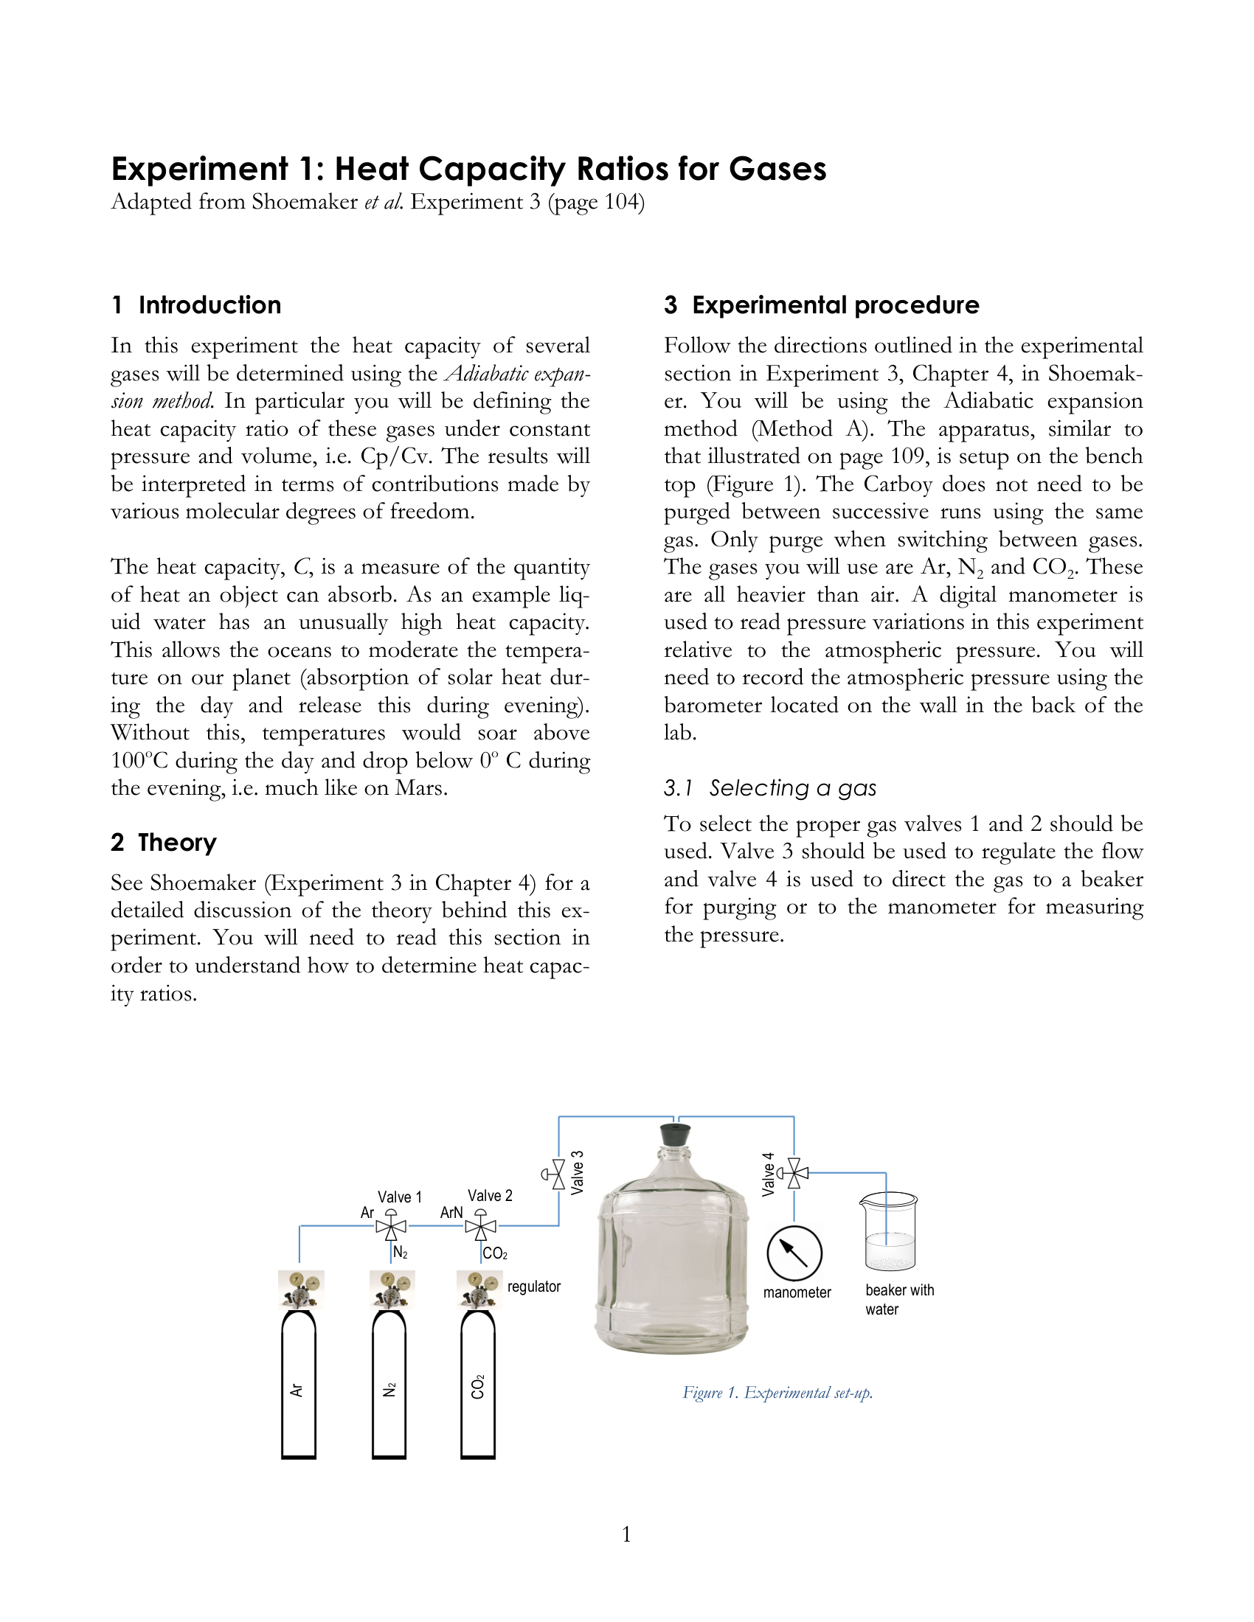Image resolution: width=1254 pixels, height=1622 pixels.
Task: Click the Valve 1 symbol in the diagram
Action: tap(391, 1226)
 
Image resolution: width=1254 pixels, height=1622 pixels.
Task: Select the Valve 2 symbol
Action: tap(481, 1226)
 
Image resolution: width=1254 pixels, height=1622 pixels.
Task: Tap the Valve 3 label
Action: tap(578, 1173)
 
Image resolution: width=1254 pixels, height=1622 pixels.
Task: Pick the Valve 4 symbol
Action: tap(794, 1174)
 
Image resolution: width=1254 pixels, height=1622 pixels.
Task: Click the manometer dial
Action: tap(794, 1253)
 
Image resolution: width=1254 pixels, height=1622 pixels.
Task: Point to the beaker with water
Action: tap(890, 1232)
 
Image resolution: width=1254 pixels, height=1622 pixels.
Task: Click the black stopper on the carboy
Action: tap(674, 1135)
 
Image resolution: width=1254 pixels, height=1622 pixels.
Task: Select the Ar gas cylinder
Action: tap(299, 1385)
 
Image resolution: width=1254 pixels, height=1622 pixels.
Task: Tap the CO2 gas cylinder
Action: tap(478, 1385)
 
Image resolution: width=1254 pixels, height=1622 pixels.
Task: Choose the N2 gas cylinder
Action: tap(389, 1385)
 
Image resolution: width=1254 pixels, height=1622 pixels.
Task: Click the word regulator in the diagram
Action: tap(533, 1287)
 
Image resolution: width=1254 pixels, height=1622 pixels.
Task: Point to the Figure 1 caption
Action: tap(777, 1393)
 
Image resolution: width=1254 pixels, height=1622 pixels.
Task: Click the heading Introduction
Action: tap(209, 305)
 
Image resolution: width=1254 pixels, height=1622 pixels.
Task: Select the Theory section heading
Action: tap(177, 842)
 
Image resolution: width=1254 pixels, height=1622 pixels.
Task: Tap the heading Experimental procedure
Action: tap(835, 305)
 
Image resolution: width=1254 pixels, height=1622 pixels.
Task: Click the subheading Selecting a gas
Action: tap(792, 787)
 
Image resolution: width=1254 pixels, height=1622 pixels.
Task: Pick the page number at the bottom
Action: tap(626, 1534)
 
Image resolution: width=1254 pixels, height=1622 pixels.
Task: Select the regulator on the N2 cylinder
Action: tap(392, 1289)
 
